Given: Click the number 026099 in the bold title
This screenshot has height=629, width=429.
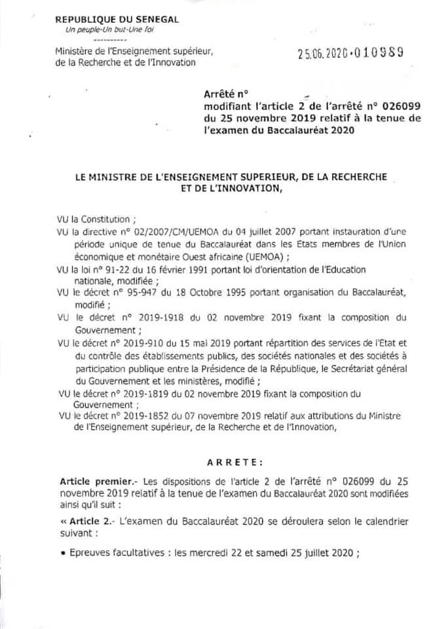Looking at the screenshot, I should pos(373,106).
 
